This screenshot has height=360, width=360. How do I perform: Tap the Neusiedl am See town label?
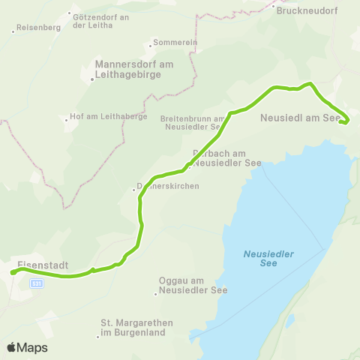click(x=300, y=118)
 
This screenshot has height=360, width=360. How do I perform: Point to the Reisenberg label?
click(x=38, y=28)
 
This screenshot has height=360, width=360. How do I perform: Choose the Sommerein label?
click(x=175, y=42)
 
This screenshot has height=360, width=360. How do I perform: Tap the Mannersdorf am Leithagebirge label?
click(x=134, y=69)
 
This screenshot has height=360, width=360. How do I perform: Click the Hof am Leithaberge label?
click(x=106, y=117)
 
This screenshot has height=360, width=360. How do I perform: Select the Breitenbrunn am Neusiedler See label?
click(x=193, y=122)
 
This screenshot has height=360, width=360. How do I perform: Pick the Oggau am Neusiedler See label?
click(x=193, y=285)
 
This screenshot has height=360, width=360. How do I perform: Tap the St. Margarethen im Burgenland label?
click(x=136, y=327)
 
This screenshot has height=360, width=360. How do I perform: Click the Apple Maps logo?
click(x=27, y=347)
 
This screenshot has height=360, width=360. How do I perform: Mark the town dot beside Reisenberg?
click(x=14, y=31)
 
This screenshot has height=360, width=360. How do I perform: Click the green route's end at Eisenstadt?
click(x=13, y=273)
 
